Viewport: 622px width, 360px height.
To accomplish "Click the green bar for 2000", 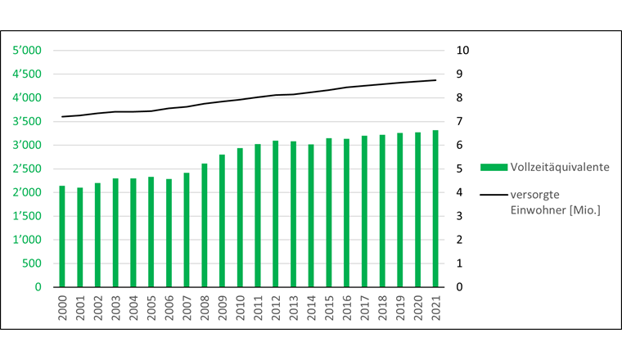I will pos(62,236).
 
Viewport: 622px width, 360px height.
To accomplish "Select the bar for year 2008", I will pos(205,225).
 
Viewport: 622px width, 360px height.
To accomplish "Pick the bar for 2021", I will pos(435,209).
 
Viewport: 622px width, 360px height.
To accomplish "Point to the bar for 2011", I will pos(258,215).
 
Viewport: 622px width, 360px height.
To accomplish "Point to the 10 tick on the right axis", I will pos(462,51).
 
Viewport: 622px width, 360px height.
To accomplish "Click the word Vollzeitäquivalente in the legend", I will pos(559,167).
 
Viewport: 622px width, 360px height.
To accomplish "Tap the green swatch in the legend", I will pos(493,167).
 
